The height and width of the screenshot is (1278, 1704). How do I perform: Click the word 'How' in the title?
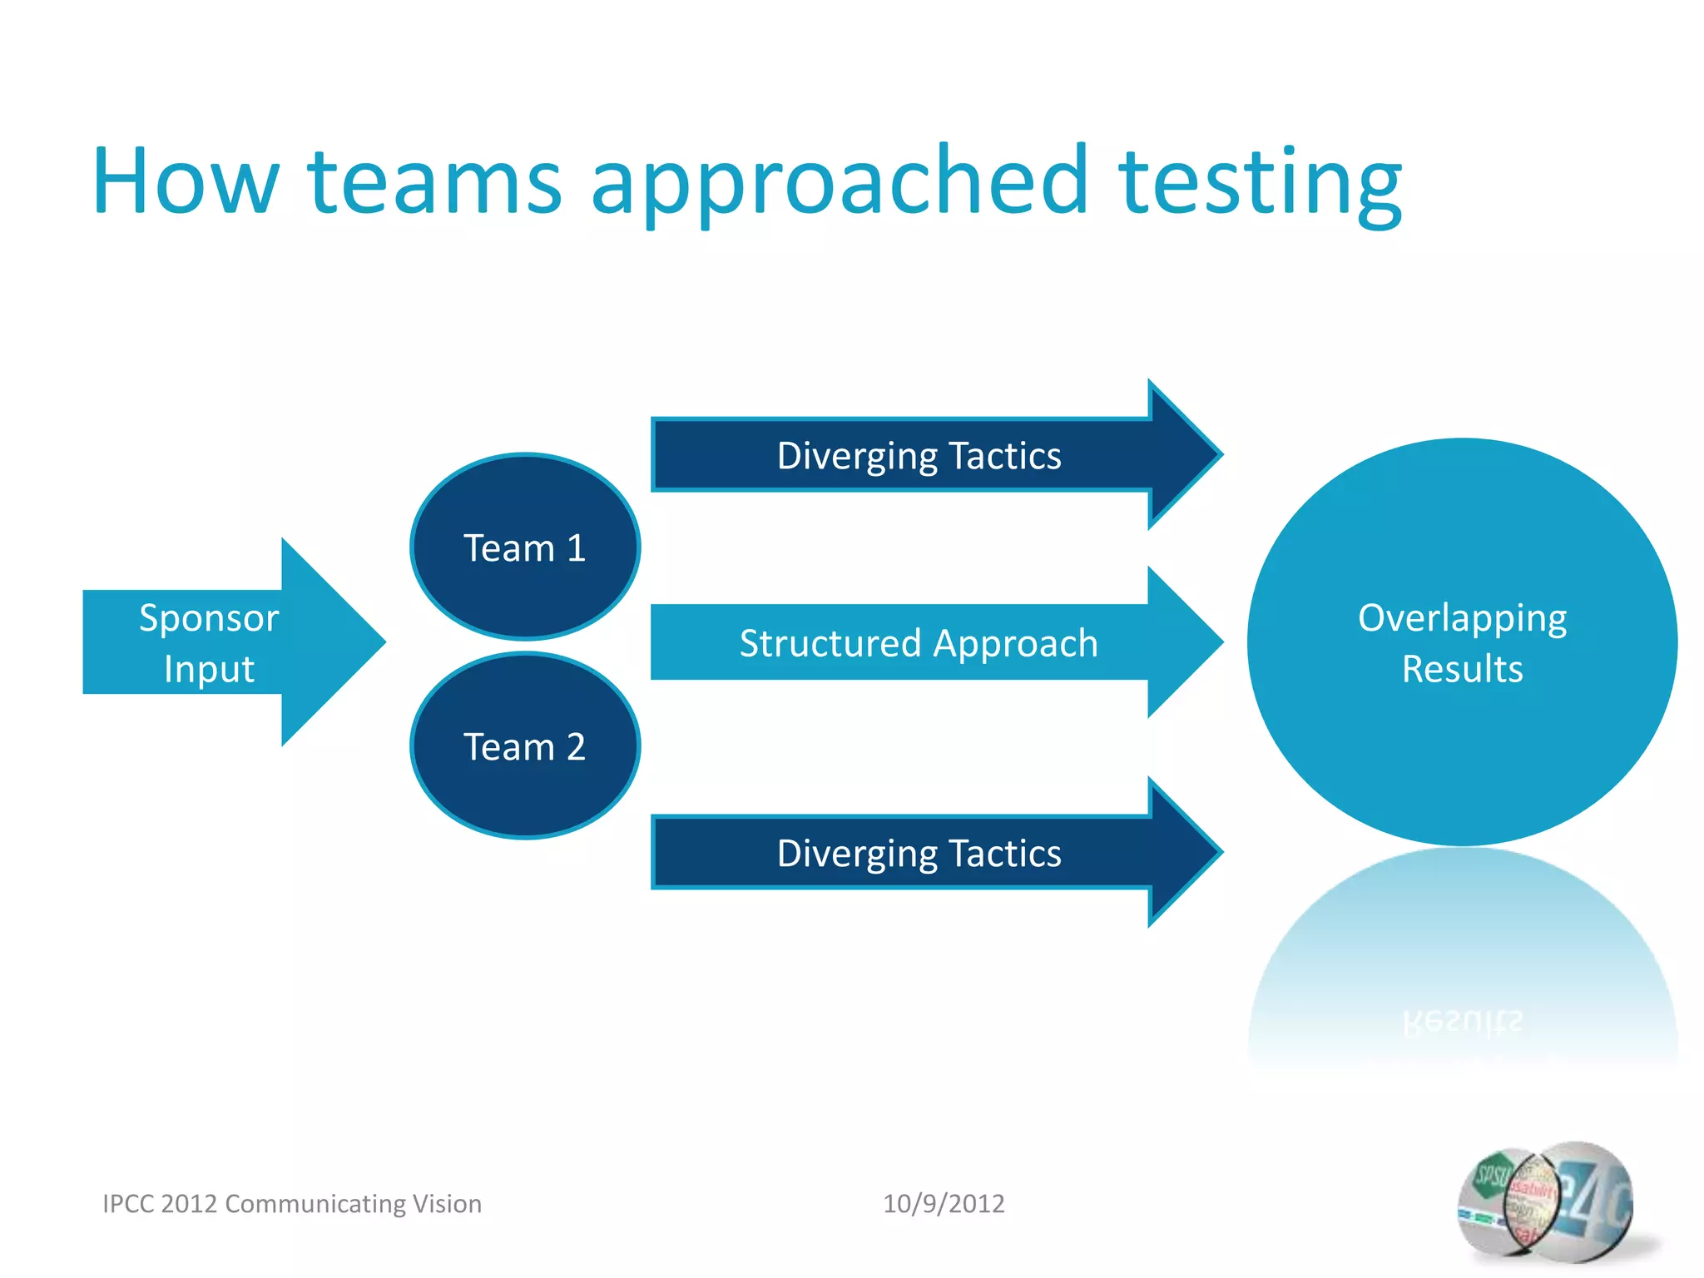click(x=185, y=181)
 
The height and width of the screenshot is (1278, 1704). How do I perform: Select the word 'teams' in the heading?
click(x=435, y=181)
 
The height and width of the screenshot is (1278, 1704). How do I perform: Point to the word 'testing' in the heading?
click(x=1260, y=181)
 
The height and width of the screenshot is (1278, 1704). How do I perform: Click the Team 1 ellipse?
click(x=525, y=547)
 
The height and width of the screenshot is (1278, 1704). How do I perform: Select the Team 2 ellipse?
click(x=525, y=746)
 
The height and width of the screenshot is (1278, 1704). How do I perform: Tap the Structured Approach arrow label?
click(x=919, y=643)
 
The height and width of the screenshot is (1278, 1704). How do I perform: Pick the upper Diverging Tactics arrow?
click(x=919, y=456)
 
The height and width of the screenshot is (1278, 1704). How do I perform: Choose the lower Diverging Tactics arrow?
click(x=919, y=854)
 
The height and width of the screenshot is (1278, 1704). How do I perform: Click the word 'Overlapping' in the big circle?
click(x=1462, y=618)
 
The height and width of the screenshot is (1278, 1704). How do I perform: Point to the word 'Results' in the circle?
click(x=1462, y=669)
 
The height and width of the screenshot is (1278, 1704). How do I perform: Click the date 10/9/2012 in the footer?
click(x=944, y=1204)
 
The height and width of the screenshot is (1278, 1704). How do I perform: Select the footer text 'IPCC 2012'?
click(x=160, y=1204)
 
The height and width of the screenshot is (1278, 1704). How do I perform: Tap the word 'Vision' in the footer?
click(x=448, y=1204)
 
